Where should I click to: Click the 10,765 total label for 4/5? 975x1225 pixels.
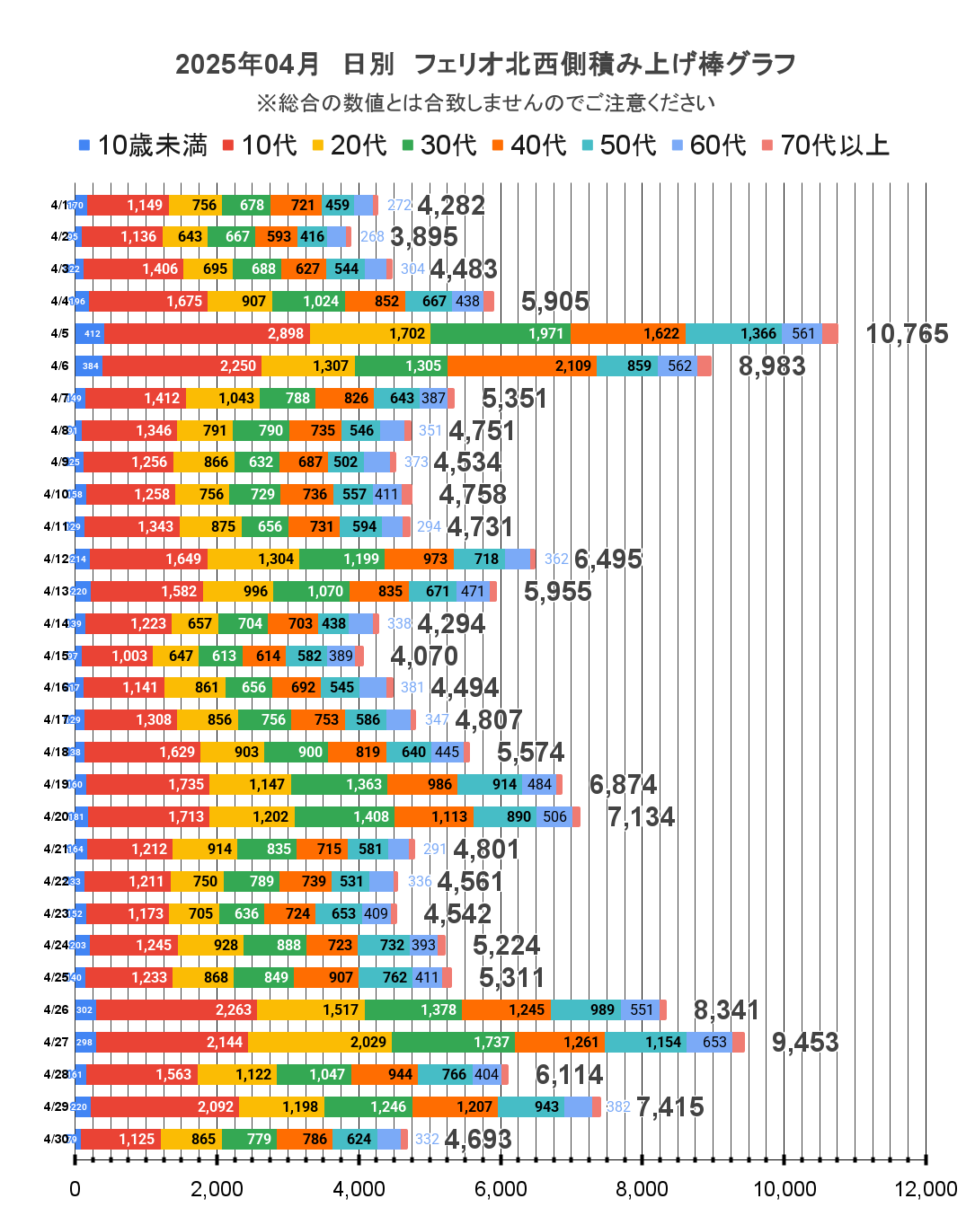point(906,334)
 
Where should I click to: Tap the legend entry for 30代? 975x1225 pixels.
point(439,145)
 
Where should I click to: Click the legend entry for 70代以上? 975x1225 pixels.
point(825,145)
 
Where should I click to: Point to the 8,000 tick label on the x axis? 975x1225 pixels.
point(642,1189)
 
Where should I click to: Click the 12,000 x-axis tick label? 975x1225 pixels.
point(925,1189)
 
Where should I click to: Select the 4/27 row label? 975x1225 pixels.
point(56,1042)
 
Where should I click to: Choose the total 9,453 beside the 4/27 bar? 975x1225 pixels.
point(804,1042)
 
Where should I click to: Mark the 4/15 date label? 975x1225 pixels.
point(56,656)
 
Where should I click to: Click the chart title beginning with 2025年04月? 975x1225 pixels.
point(485,64)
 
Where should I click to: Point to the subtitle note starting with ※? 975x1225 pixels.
point(485,103)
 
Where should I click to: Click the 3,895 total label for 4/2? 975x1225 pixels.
point(423,237)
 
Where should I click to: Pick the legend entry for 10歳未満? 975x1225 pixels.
point(143,145)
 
